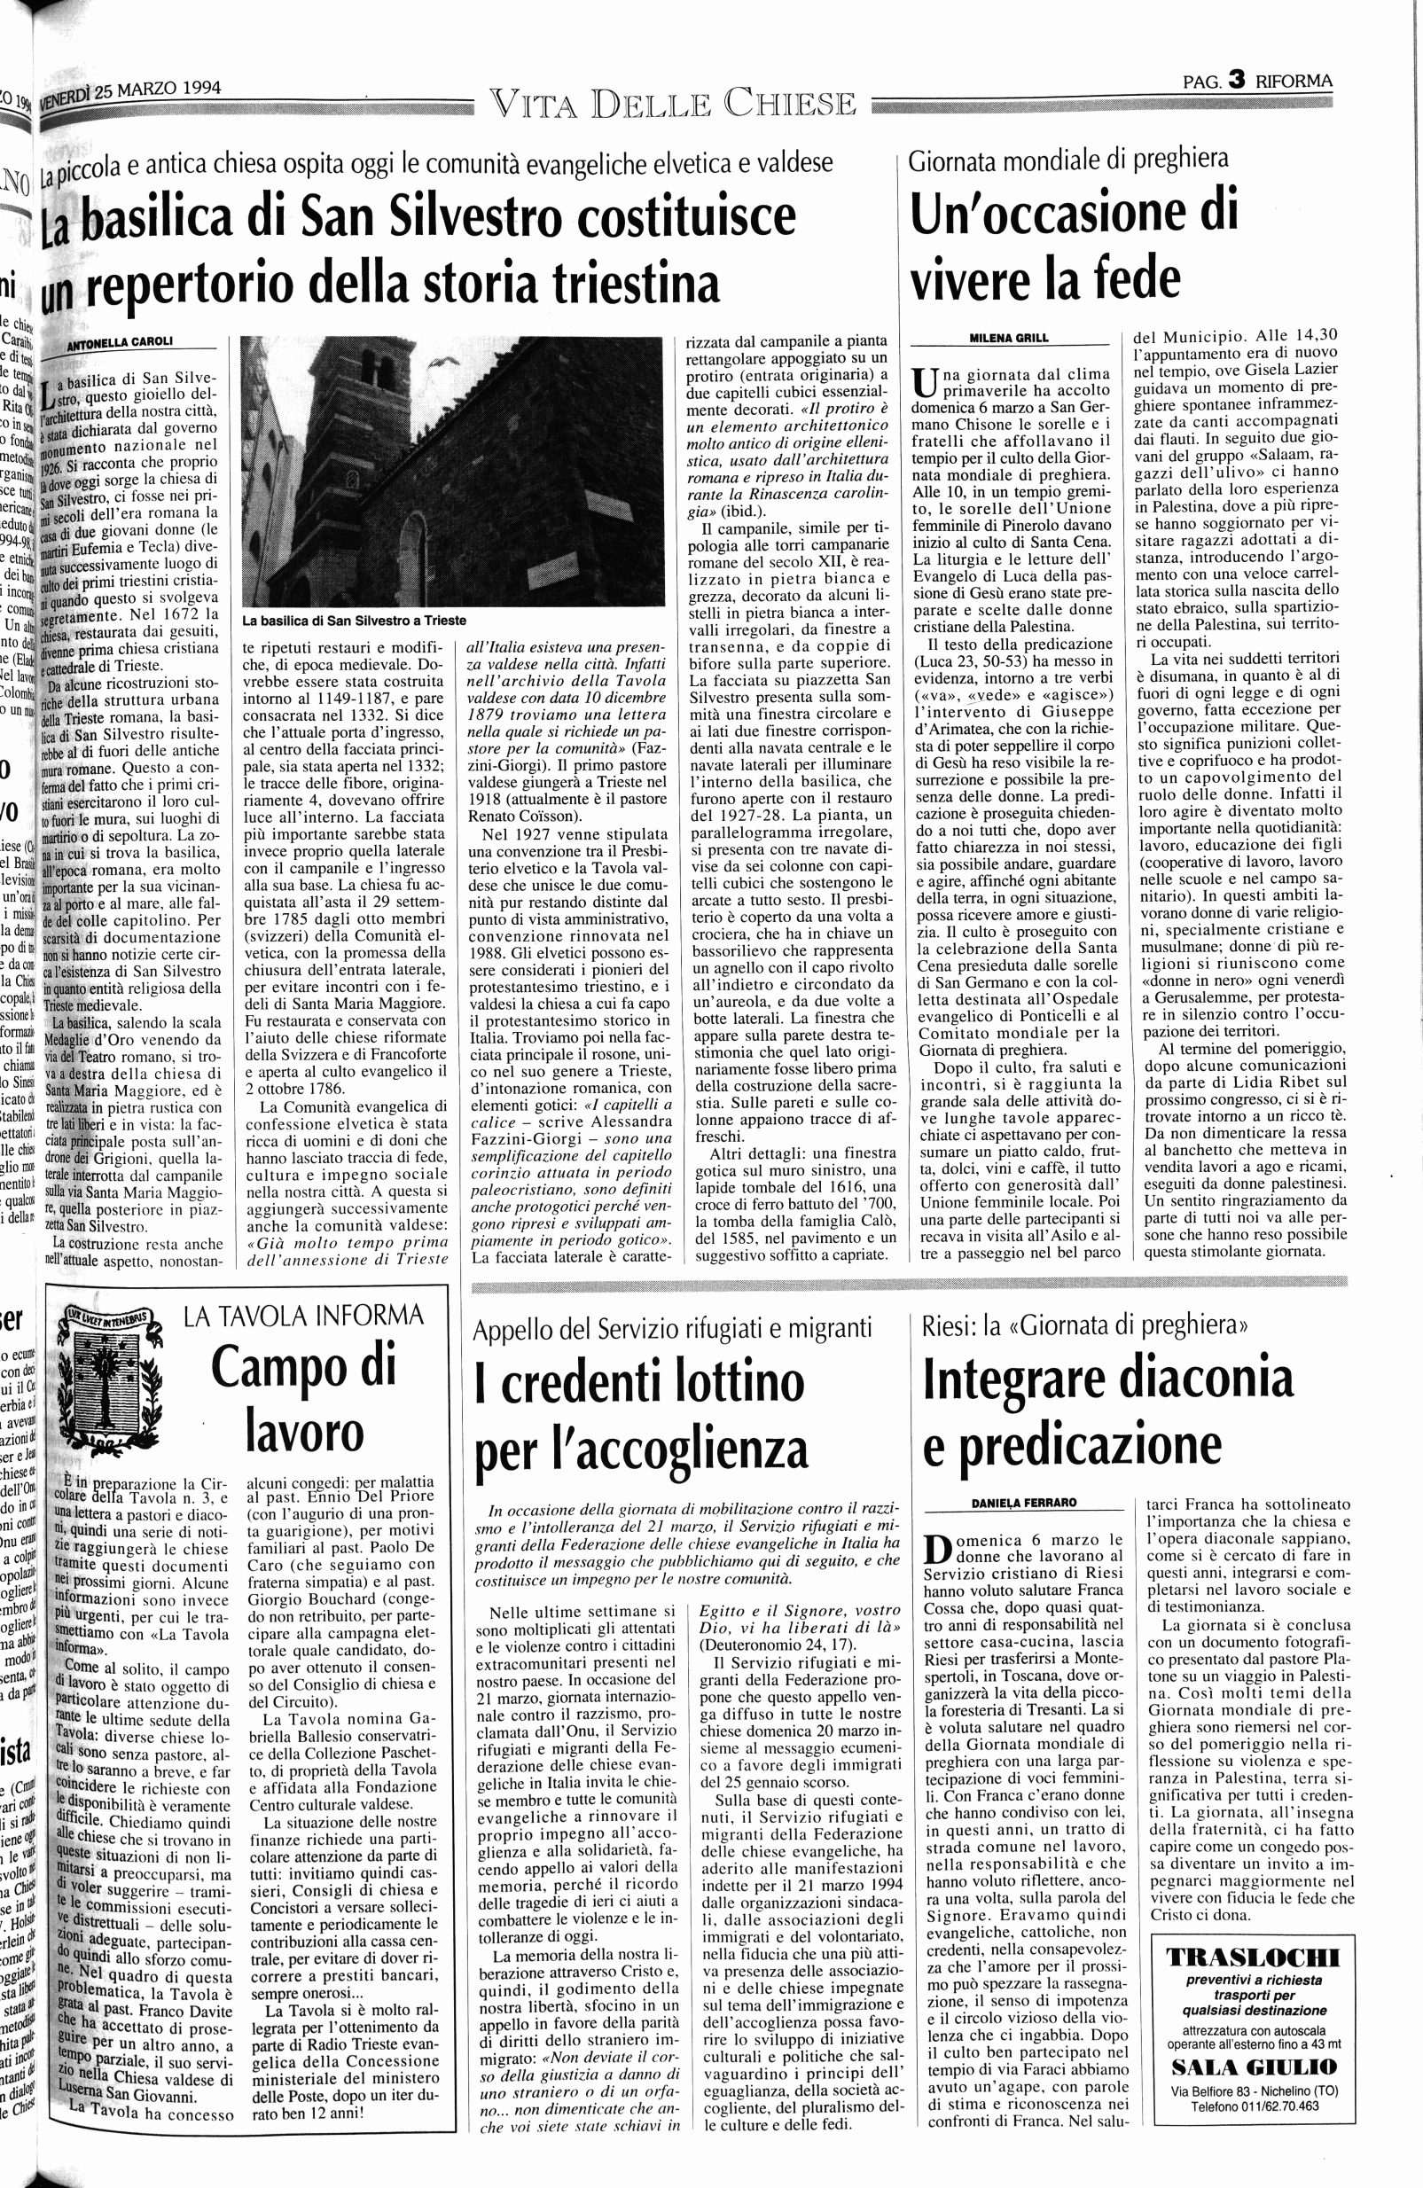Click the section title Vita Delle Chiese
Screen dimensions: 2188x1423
[x=673, y=103]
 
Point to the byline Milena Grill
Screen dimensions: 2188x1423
[x=1008, y=338]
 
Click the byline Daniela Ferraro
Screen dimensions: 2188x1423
[x=1024, y=1502]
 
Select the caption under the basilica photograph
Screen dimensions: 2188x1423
[x=354, y=621]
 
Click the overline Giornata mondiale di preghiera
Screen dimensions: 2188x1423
[x=1067, y=160]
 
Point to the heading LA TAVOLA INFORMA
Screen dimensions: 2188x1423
[x=304, y=1316]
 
